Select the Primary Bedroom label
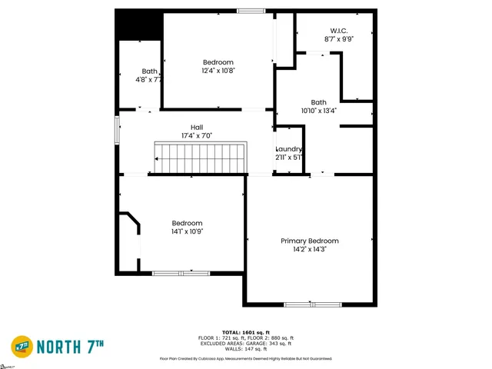(x=309, y=241)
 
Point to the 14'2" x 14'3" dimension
(x=309, y=249)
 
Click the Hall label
(x=197, y=128)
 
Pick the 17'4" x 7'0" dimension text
(x=197, y=136)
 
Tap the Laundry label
(x=289, y=149)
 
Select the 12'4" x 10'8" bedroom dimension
(x=218, y=71)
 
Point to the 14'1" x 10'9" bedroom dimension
(x=187, y=231)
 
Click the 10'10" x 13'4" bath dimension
(x=318, y=111)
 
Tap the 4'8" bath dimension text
(x=148, y=79)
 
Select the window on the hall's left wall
(x=117, y=128)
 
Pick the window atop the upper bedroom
(x=249, y=11)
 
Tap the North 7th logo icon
(x=22, y=347)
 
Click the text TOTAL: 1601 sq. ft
(x=246, y=332)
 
